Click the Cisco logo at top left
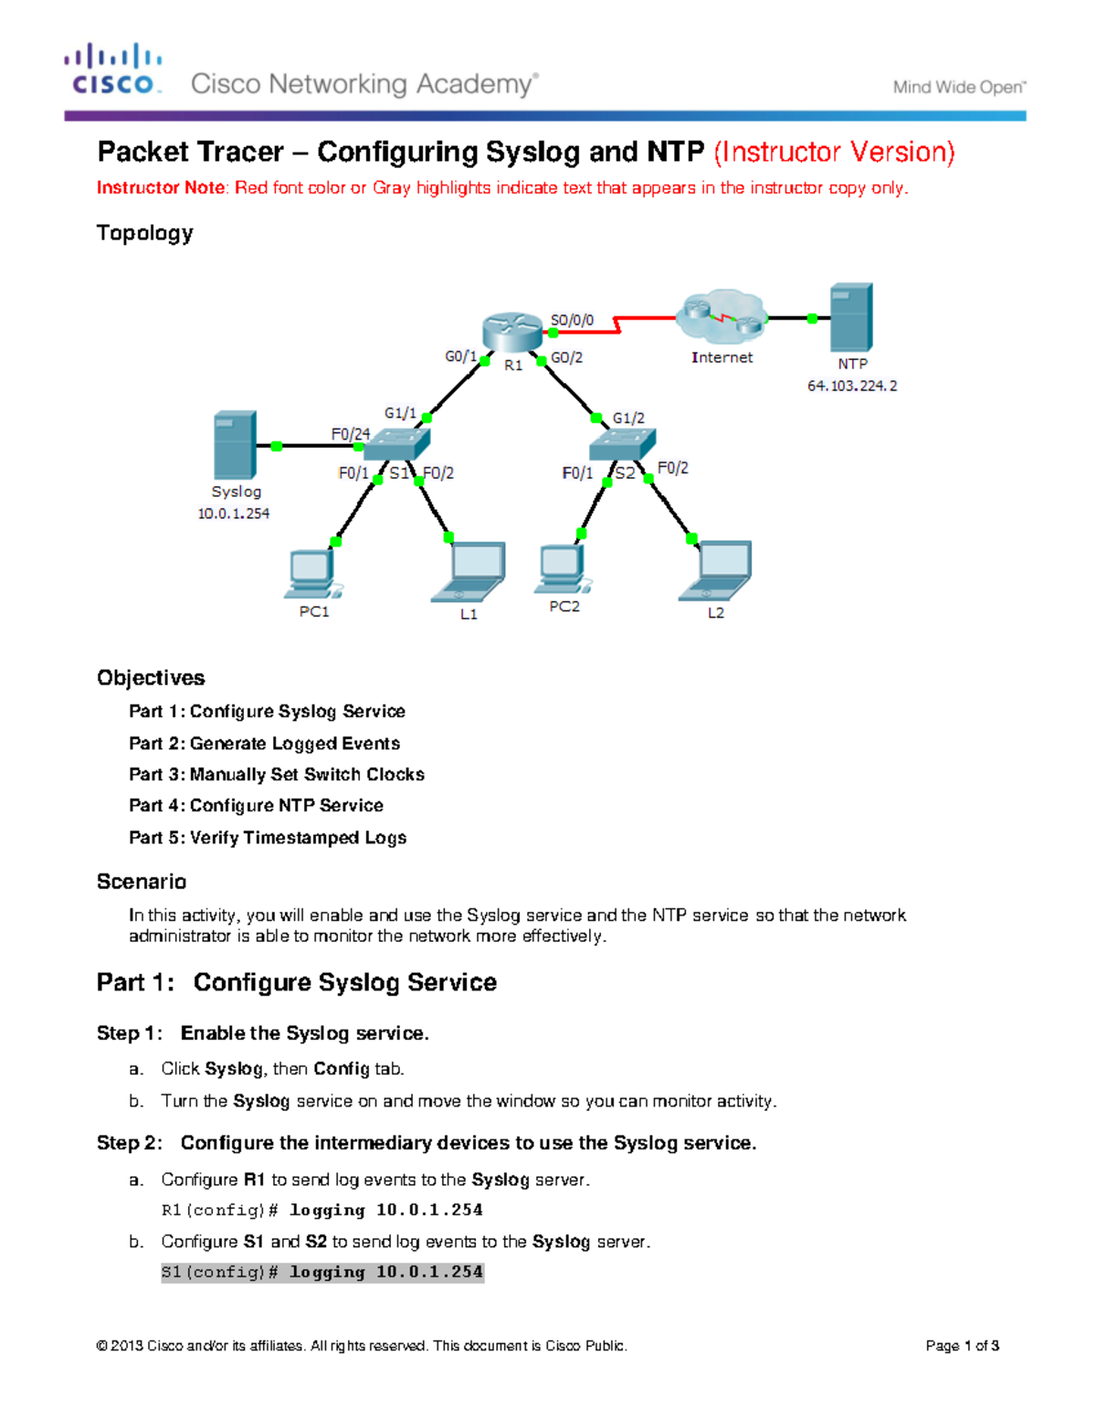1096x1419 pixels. [x=113, y=69]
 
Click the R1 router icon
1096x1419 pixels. [x=512, y=332]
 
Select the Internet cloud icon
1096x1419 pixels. [x=722, y=317]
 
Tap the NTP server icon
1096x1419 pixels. [x=851, y=317]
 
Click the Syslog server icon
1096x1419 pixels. [x=235, y=445]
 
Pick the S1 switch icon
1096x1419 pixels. [x=396, y=444]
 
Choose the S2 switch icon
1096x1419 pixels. [x=622, y=444]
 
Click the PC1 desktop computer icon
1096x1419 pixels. [x=313, y=574]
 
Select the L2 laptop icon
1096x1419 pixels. [x=717, y=571]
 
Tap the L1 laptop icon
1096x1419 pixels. [x=469, y=573]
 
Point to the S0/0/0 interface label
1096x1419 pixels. [x=572, y=321]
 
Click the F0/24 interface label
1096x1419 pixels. [x=351, y=434]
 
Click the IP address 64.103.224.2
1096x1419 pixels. [x=852, y=386]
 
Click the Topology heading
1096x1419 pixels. [x=144, y=233]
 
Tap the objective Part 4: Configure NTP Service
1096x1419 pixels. [x=256, y=806]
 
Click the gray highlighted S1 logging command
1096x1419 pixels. [x=322, y=1272]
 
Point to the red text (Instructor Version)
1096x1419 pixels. [x=834, y=152]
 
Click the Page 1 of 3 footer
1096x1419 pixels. [x=962, y=1346]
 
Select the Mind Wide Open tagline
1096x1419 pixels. [x=959, y=88]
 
